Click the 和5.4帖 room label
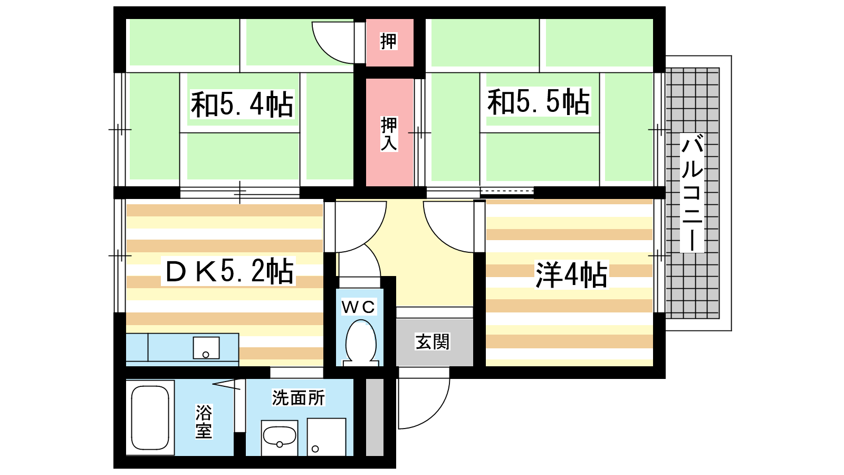tap(242, 103)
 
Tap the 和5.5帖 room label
tap(538, 101)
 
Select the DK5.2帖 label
tap(229, 271)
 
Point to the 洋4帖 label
tap(571, 275)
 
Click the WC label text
tap(358, 307)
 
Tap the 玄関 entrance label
tap(433, 341)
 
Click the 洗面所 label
tap(299, 397)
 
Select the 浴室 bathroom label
tap(204, 422)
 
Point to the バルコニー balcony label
tap(692, 193)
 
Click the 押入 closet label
tap(388, 134)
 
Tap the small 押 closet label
tap(388, 41)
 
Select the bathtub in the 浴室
tap(150, 417)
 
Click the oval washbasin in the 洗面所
tap(280, 436)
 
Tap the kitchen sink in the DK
tap(206, 348)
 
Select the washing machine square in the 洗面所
tap(327, 437)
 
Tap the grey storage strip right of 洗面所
tap(375, 417)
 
